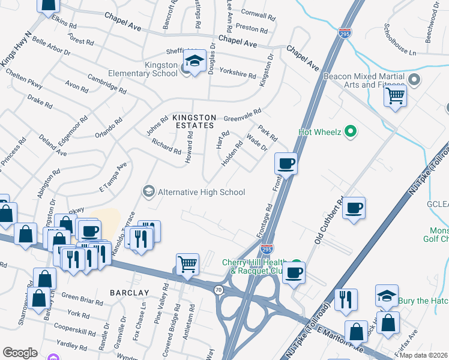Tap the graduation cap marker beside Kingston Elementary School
194,61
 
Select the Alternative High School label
200,192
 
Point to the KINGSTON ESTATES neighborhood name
193,121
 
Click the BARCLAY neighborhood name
129,292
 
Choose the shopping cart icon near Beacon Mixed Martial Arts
395,95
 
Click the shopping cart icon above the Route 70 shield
187,263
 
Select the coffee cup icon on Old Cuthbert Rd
354,207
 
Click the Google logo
20,353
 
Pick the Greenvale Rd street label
243,115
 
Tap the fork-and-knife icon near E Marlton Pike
346,299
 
